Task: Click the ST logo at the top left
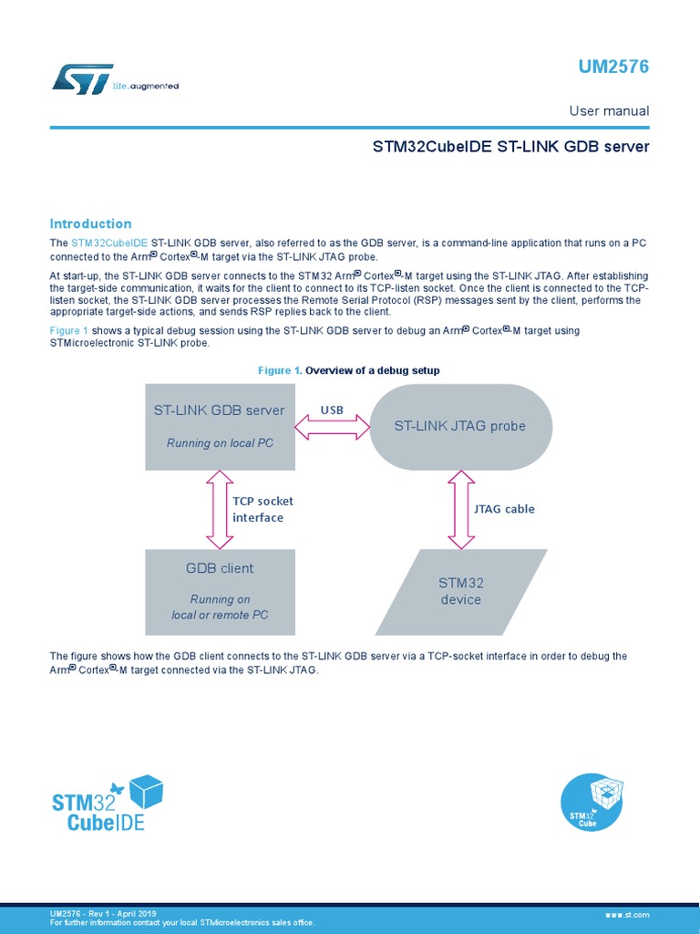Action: point(83,78)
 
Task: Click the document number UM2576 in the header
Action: point(613,67)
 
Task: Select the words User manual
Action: point(609,111)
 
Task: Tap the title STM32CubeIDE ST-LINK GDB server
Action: point(510,146)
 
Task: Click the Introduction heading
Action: point(90,223)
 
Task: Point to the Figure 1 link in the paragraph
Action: point(68,330)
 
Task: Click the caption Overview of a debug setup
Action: point(372,370)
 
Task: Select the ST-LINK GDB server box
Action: point(220,426)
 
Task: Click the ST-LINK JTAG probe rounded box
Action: point(459,426)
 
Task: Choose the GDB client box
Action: point(220,591)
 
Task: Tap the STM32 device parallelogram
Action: point(460,591)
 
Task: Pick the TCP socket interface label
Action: point(262,509)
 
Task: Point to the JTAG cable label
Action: point(504,509)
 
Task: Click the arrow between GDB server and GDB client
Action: point(220,509)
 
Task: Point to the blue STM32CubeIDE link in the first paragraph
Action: point(108,243)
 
